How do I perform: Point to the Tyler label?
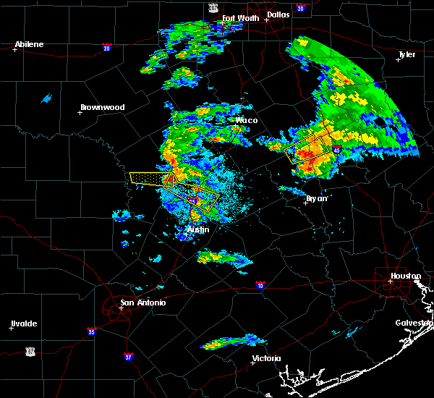click(407, 55)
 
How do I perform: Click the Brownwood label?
click(102, 107)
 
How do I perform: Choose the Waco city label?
click(246, 120)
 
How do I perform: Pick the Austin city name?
click(198, 229)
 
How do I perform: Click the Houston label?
click(406, 276)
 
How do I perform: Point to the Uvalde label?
click(24, 323)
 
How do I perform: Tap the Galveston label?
click(413, 323)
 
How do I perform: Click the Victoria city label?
click(267, 358)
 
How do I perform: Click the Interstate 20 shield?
click(106, 48)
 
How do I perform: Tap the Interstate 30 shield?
click(300, 8)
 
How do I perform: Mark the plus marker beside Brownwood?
click(80, 112)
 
